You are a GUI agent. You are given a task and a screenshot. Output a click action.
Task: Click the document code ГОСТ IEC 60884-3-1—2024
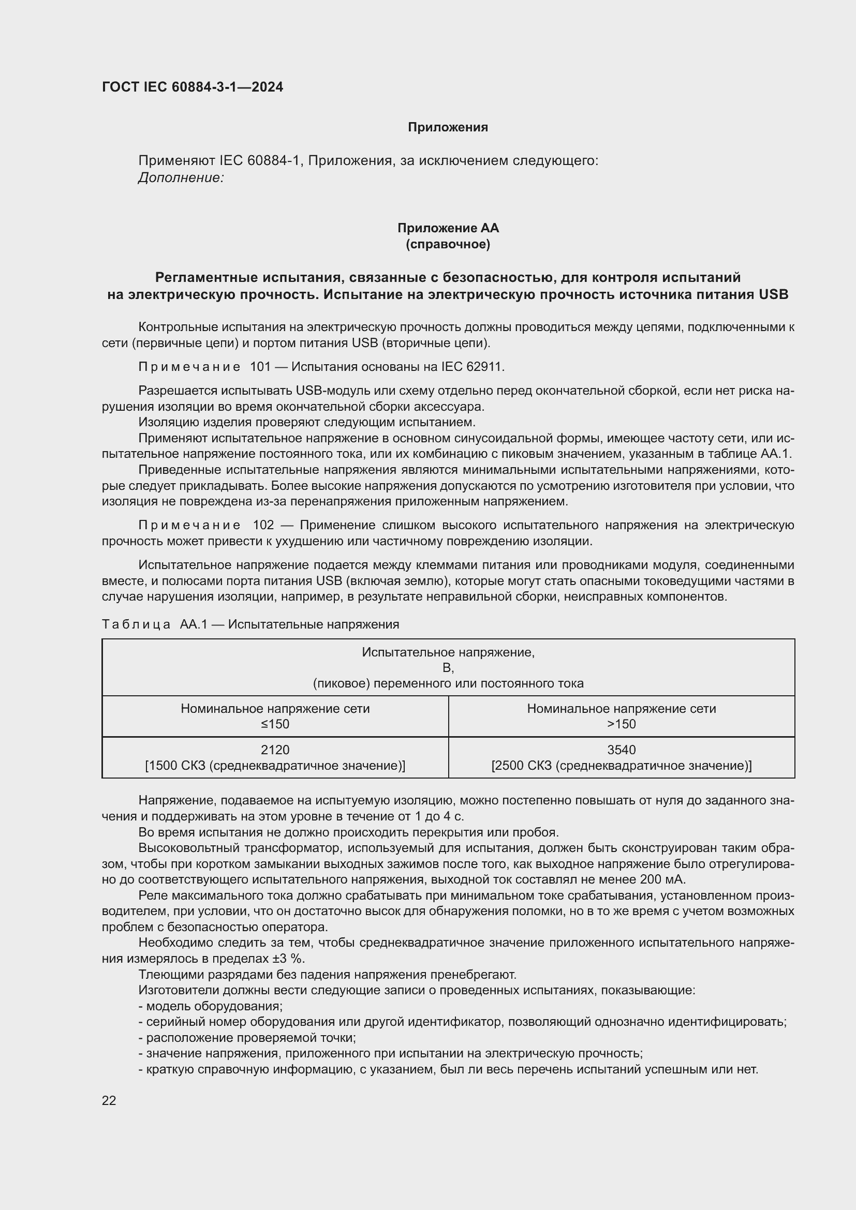pyautogui.click(x=193, y=87)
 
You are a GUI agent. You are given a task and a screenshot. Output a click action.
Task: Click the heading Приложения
pyautogui.click(x=448, y=127)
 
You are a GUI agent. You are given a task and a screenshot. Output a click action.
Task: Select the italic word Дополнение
pyautogui.click(x=181, y=177)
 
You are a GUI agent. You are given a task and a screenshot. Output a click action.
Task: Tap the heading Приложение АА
pyautogui.click(x=448, y=228)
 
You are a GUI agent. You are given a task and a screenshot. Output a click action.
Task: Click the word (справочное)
pyautogui.click(x=448, y=244)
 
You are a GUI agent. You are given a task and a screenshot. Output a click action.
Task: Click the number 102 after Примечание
pyautogui.click(x=263, y=525)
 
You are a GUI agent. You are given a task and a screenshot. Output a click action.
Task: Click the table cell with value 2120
pyautogui.click(x=275, y=749)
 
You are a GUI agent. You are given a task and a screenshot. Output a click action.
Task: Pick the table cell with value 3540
pyautogui.click(x=622, y=749)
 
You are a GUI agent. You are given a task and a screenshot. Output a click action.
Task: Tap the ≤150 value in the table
pyautogui.click(x=275, y=724)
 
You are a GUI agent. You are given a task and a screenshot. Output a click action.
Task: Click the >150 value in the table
pyautogui.click(x=622, y=724)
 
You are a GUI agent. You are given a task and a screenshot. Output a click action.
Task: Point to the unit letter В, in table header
pyautogui.click(x=448, y=668)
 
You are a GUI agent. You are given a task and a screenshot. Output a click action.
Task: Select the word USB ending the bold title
pyautogui.click(x=773, y=294)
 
